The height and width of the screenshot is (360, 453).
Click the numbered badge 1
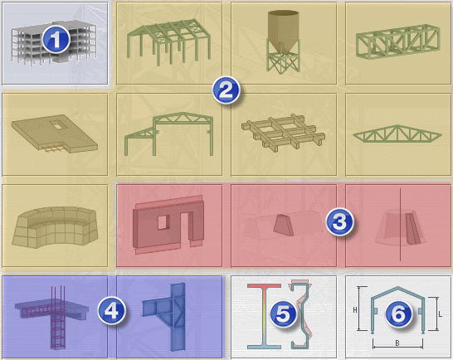[x=56, y=40]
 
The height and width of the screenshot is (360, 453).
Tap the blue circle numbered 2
[x=226, y=90]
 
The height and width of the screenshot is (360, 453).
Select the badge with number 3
[x=339, y=222]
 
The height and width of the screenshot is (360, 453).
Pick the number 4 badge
[x=111, y=310]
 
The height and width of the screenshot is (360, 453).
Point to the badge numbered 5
[x=283, y=314]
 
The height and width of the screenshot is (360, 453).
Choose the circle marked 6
[x=398, y=314]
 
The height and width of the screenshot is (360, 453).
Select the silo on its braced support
[x=283, y=42]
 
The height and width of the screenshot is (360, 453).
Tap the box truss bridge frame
[x=398, y=42]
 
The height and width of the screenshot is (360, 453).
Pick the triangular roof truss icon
[x=397, y=134]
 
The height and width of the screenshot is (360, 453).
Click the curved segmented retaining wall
[x=55, y=226]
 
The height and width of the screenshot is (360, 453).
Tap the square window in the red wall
[x=162, y=222]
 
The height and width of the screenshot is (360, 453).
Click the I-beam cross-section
[x=264, y=316]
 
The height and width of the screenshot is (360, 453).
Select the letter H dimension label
[x=355, y=310]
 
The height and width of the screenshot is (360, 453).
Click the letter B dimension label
[x=397, y=343]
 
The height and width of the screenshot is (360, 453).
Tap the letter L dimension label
[x=440, y=314]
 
